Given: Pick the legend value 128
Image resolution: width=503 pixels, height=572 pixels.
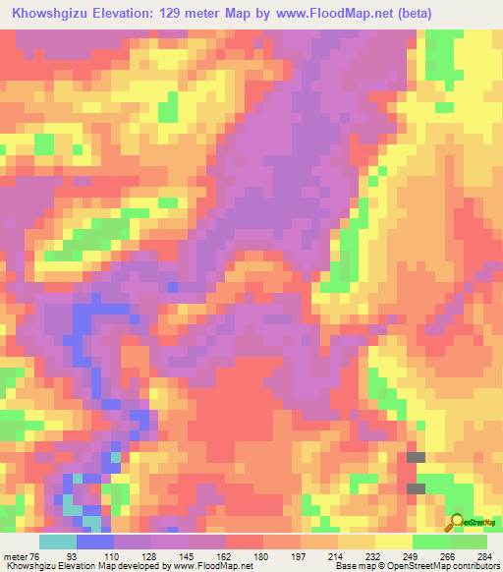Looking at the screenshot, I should pos(149,555).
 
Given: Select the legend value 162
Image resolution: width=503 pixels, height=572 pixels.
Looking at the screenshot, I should pos(224,555).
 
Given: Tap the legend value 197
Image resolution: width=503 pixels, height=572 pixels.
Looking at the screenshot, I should pos(299,555).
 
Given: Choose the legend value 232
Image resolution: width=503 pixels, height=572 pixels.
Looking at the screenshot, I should pos(373,555).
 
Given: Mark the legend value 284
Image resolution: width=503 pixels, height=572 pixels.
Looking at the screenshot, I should pos(485,555).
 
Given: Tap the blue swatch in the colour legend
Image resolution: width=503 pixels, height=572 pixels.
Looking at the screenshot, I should pos(94,542).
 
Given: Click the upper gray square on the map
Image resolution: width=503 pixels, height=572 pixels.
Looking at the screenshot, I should pos(417,457).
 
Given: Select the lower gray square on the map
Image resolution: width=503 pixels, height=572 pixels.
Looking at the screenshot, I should pos(417,488).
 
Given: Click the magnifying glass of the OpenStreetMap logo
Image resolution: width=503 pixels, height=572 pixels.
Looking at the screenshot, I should pos(457,522).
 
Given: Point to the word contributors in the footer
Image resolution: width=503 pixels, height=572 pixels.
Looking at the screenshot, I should pos(471,566).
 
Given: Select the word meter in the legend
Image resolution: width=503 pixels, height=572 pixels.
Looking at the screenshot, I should pos(15,555).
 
